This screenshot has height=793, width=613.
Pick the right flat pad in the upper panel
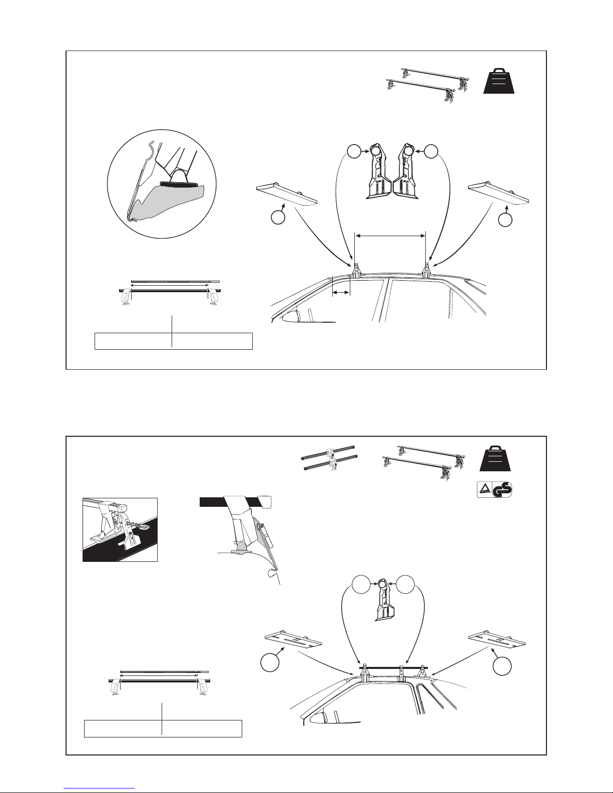coord(498,194)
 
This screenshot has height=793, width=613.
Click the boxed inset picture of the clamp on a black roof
coord(120,529)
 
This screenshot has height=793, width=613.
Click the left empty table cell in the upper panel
coord(133,341)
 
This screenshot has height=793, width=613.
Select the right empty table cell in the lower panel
coord(202,728)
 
